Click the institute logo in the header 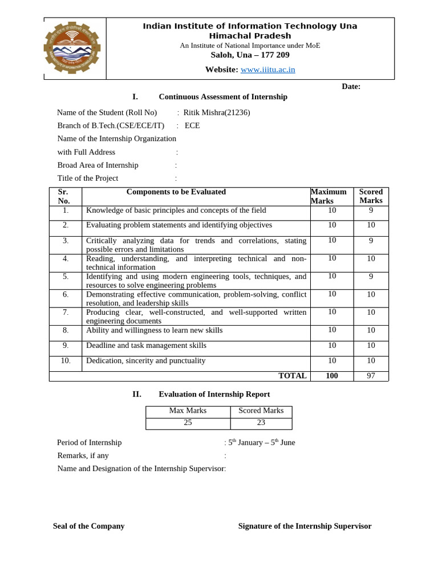pyautogui.click(x=72, y=48)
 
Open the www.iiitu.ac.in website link pyautogui.click(x=267, y=70)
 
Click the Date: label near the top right pyautogui.click(x=351, y=86)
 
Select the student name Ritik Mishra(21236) pyautogui.click(x=217, y=112)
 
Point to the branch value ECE pyautogui.click(x=192, y=125)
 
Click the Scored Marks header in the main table pyautogui.click(x=371, y=196)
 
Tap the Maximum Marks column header pyautogui.click(x=328, y=196)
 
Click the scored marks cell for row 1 pyautogui.click(x=371, y=210)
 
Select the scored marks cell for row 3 pyautogui.click(x=371, y=241)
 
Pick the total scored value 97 pyautogui.click(x=371, y=376)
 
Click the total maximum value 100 pyautogui.click(x=331, y=376)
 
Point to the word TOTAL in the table pyautogui.click(x=292, y=376)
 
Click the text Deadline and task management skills pyautogui.click(x=146, y=346)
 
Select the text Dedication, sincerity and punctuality pyautogui.click(x=145, y=361)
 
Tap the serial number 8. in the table pyautogui.click(x=66, y=330)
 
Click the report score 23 pyautogui.click(x=261, y=423)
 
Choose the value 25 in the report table pyautogui.click(x=188, y=423)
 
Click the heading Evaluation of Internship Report pyautogui.click(x=214, y=394)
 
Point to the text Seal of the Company pyautogui.click(x=88, y=526)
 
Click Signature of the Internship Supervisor pyautogui.click(x=305, y=526)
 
